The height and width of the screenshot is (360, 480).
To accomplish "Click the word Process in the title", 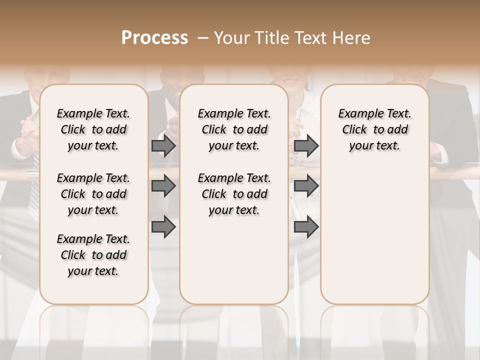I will (154, 38).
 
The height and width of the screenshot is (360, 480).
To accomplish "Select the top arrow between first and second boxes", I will (163, 146).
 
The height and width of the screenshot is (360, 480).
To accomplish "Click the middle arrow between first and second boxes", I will (163, 186).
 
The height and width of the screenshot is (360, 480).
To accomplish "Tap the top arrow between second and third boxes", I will (306, 146).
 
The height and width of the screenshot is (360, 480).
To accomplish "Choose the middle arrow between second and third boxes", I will (306, 186).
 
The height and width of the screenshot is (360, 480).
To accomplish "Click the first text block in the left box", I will (93, 129).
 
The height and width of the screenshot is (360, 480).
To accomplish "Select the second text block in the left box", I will (93, 194).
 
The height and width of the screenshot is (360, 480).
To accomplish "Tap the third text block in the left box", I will (93, 255).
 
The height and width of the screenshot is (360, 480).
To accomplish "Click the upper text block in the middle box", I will (234, 129).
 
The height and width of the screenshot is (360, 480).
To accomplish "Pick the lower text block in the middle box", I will (234, 194).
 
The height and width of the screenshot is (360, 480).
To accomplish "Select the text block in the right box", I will (374, 129).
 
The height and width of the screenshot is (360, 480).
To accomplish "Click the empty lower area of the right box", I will (374, 235).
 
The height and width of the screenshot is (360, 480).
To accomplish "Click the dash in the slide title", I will (203, 38).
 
